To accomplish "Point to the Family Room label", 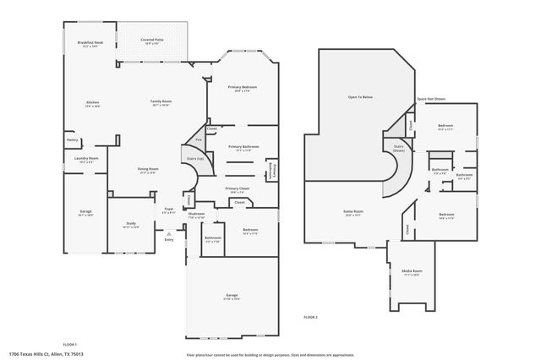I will coord(161,103).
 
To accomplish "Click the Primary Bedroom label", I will coord(242,88).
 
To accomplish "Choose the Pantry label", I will coord(72,140).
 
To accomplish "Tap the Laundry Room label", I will coord(86,158).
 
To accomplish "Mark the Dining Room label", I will coord(148,169).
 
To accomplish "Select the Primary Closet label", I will coord(238,189).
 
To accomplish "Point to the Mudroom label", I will coord(196,215).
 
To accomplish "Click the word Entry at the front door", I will coord(169,240).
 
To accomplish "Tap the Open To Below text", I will coord(359,97).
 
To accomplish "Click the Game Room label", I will coord(352,211).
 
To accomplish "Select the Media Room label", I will coord(412,272).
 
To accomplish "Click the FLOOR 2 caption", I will coord(310,317).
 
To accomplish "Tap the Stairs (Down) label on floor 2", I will coord(398,147).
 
